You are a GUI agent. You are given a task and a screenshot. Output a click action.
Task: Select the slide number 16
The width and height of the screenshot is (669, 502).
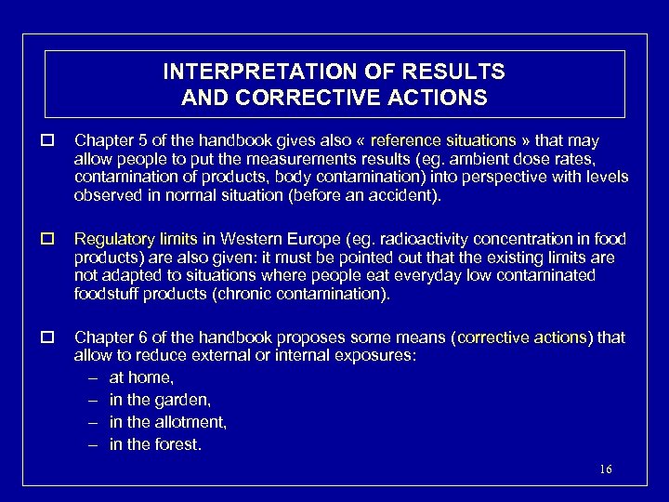pyautogui.click(x=606, y=469)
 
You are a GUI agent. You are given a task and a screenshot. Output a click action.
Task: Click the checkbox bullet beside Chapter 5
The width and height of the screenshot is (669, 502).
pyautogui.click(x=46, y=141)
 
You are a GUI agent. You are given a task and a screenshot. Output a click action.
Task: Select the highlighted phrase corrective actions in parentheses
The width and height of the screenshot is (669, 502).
pyautogui.click(x=524, y=337)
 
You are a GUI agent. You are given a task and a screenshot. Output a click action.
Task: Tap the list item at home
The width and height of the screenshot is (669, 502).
pyautogui.click(x=141, y=377)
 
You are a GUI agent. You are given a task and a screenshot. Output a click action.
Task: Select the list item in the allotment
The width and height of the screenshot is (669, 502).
pyautogui.click(x=167, y=422)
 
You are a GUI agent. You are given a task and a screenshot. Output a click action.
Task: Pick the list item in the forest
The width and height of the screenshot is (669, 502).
pyautogui.click(x=155, y=444)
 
